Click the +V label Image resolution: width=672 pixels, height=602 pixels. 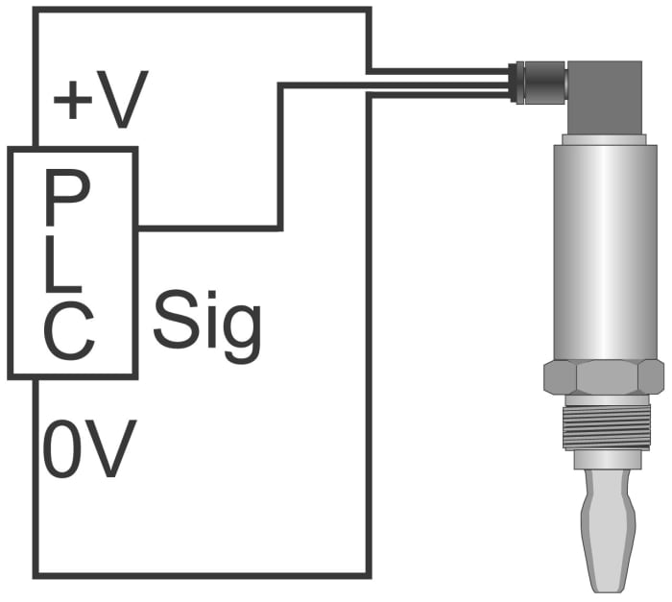click(101, 100)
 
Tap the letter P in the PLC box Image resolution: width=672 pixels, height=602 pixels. click(68, 197)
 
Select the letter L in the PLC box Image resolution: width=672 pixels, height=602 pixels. click(62, 263)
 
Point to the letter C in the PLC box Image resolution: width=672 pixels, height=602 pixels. click(68, 330)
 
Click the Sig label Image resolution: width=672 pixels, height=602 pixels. click(207, 326)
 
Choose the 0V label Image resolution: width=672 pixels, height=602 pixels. click(90, 448)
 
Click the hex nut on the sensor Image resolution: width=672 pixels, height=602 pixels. click(604, 377)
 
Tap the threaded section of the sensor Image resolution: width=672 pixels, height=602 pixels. click(607, 426)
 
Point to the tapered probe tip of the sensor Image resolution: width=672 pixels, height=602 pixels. click(607, 531)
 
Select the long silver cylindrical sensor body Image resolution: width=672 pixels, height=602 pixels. click(606, 253)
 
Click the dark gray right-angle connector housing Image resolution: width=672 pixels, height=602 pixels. click(604, 97)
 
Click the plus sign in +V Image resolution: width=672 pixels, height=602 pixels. click(73, 100)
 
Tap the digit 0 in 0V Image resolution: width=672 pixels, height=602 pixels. click(60, 448)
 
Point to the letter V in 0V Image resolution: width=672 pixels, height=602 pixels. click(109, 448)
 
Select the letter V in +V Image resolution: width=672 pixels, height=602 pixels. click(123, 100)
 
